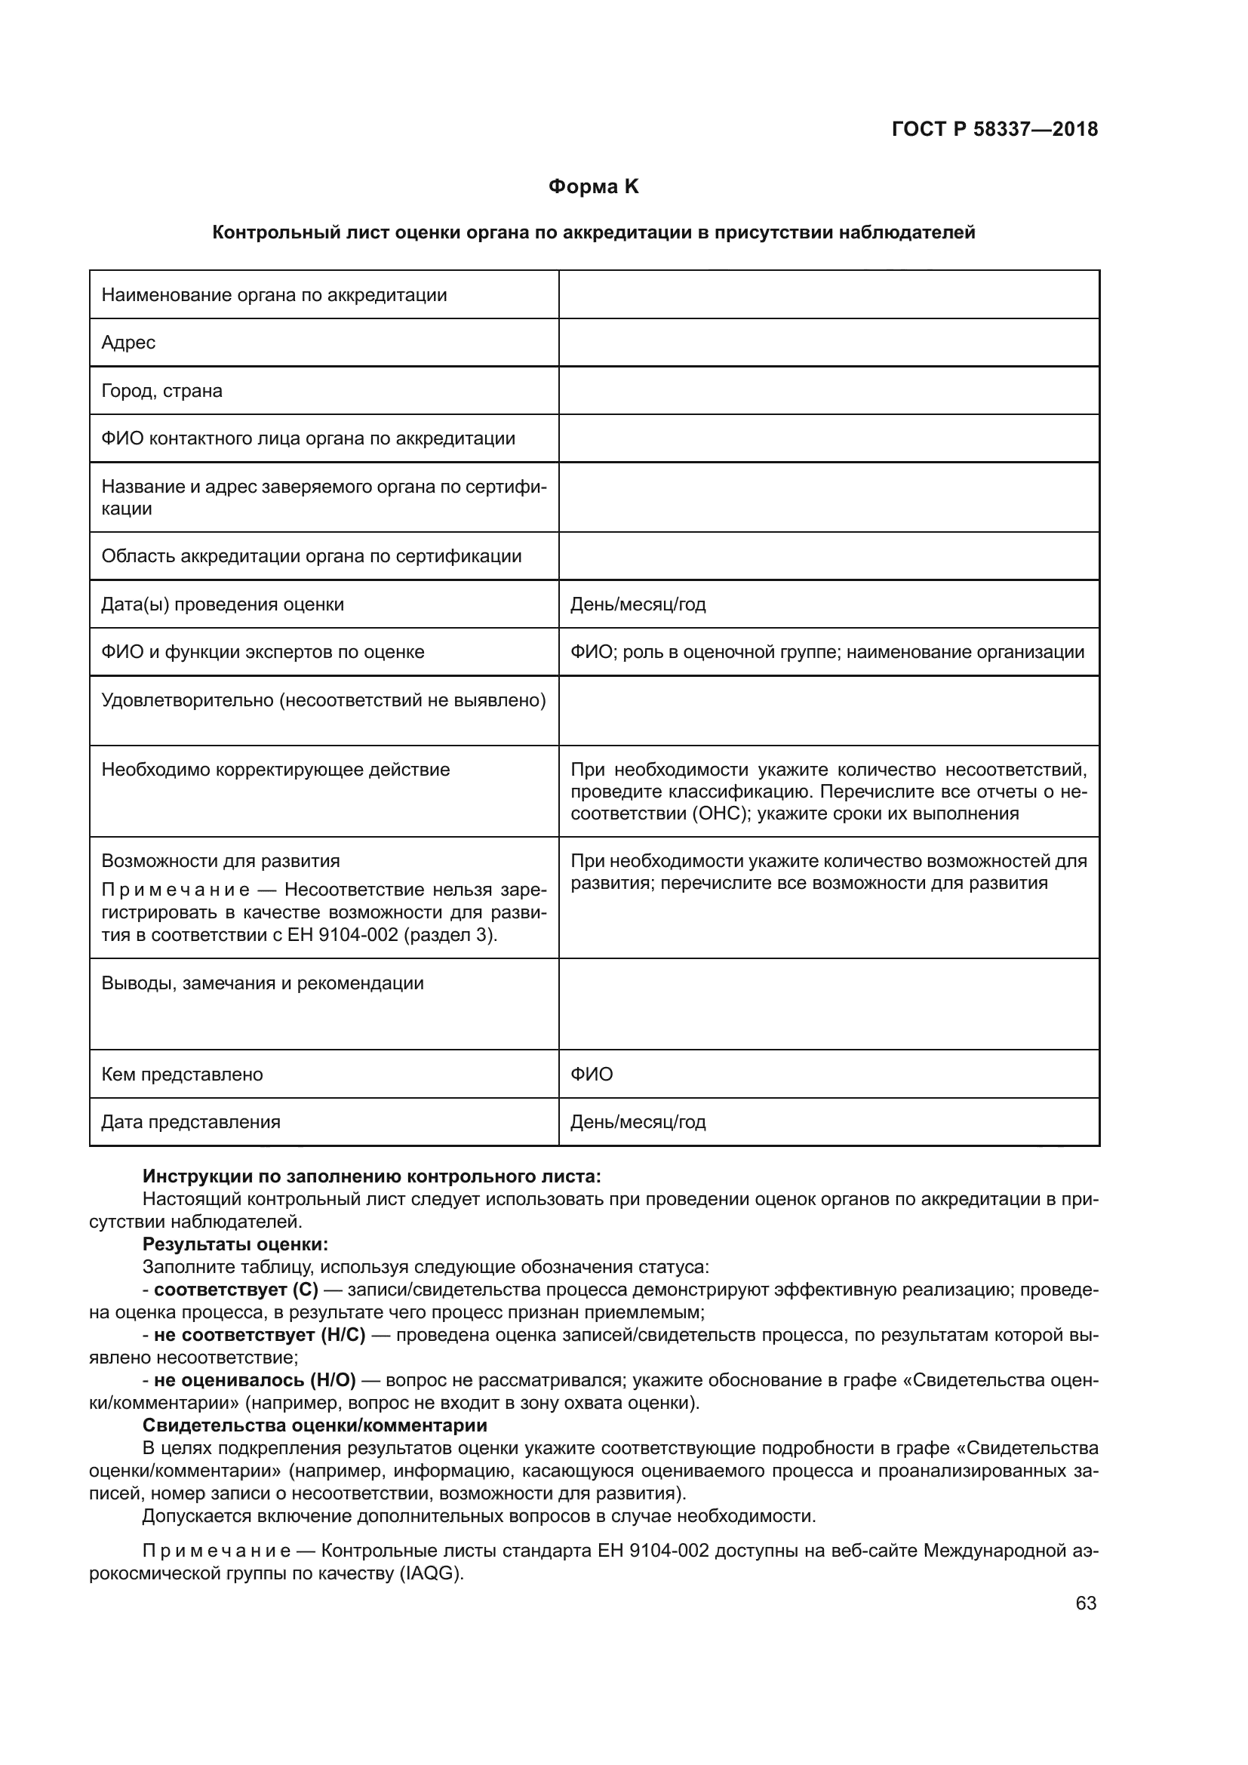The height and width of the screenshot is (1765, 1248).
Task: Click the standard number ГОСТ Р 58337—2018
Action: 994,129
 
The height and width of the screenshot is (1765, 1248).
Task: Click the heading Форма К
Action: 593,187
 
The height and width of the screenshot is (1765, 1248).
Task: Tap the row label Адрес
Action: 128,343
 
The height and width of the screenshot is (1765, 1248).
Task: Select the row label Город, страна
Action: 161,391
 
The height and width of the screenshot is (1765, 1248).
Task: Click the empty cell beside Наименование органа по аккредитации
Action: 828,295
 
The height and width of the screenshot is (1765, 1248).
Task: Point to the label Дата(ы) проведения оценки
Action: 223,604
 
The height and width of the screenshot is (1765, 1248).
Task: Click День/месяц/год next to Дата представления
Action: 638,1121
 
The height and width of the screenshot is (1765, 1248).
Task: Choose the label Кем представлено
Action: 182,1074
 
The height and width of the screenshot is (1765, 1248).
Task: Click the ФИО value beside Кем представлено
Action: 592,1074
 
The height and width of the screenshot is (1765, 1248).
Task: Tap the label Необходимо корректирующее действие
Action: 275,770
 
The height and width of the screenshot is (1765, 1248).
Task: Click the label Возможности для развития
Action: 220,861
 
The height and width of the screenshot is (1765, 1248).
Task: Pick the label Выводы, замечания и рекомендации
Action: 262,983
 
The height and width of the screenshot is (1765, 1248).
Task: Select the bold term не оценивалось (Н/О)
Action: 254,1380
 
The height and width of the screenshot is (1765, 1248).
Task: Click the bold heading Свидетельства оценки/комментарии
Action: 315,1425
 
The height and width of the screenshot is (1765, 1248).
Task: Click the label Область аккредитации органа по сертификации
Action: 311,556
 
